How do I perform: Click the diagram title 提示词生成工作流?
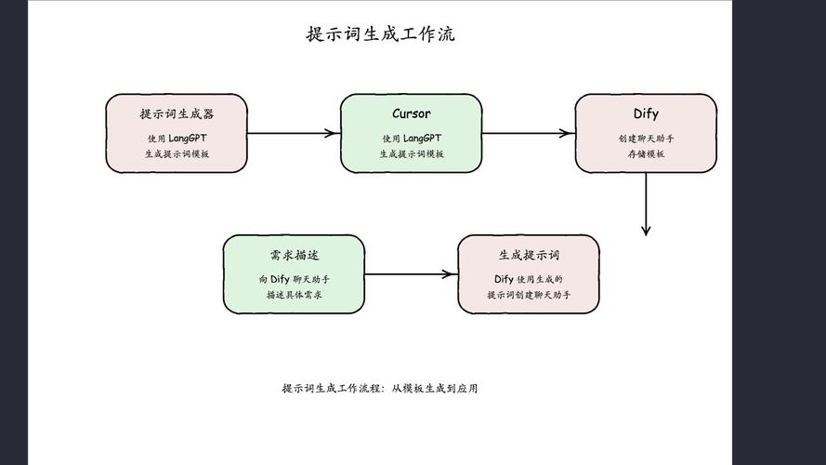tap(381, 35)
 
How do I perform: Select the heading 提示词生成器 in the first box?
tap(177, 114)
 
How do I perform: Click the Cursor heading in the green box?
tap(411, 114)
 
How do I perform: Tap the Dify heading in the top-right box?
tap(646, 114)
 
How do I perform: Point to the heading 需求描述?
tap(294, 256)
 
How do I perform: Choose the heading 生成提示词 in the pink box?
tap(529, 256)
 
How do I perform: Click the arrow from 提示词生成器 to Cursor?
tap(293, 133)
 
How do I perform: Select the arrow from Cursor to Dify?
tap(528, 133)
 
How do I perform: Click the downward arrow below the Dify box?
tap(646, 205)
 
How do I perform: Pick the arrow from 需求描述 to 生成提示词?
tap(411, 274)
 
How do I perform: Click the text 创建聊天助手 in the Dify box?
tap(646, 139)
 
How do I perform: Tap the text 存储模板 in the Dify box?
tap(646, 154)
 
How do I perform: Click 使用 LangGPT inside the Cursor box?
tap(411, 139)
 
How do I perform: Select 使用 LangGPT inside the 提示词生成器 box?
tap(177, 139)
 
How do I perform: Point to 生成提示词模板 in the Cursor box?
tap(411, 154)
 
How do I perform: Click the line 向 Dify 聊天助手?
tap(294, 279)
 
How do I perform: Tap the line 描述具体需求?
tap(294, 295)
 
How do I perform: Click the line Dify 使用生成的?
tap(529, 279)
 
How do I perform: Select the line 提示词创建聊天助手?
tap(529, 295)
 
